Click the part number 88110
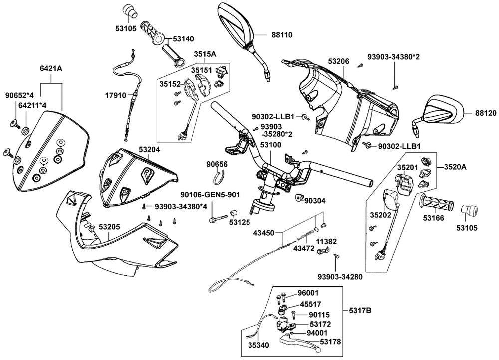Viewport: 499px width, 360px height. pyautogui.click(x=282, y=35)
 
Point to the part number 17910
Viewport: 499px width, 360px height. pyautogui.click(x=116, y=95)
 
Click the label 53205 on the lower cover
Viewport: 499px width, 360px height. pyautogui.click(x=109, y=227)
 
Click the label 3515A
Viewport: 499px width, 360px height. pyautogui.click(x=205, y=54)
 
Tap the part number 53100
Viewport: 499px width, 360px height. pyautogui.click(x=270, y=145)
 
